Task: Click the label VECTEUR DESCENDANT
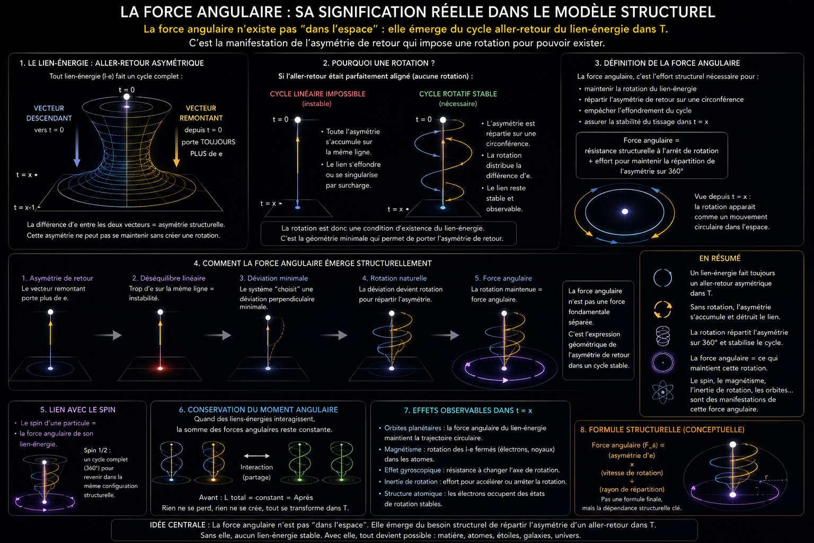(49, 113)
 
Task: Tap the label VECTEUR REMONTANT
(201, 113)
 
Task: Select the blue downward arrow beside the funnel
(77, 146)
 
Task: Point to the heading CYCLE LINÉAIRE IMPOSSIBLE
(317, 94)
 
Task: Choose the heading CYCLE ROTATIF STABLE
(458, 94)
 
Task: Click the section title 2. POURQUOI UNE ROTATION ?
(379, 63)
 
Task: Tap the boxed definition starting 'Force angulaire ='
(651, 155)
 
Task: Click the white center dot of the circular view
(625, 211)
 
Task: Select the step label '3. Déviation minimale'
(273, 278)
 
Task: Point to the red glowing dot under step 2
(160, 369)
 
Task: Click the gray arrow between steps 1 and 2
(108, 335)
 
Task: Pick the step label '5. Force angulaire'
(503, 278)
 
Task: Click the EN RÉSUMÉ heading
(720, 258)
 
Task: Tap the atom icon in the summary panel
(663, 392)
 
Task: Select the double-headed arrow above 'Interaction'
(256, 456)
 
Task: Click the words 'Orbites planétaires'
(413, 428)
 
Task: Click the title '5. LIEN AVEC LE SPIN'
(78, 409)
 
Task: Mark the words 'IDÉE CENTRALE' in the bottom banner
(178, 525)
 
